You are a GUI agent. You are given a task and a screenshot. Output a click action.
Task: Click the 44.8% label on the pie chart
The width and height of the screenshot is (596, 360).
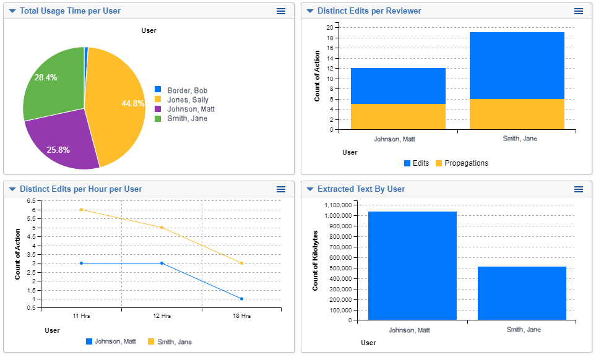pyautogui.click(x=132, y=103)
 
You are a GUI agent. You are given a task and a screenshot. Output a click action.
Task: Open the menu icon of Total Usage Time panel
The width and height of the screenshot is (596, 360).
pyautogui.click(x=281, y=11)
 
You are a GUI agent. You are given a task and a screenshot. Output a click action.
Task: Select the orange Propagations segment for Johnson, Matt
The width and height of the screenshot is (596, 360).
pyautogui.click(x=398, y=116)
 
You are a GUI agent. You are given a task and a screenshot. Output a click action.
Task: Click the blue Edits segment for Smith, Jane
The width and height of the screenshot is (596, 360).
pyautogui.click(x=517, y=65)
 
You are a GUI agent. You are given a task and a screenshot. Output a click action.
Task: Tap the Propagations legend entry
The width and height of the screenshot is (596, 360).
pyautogui.click(x=461, y=163)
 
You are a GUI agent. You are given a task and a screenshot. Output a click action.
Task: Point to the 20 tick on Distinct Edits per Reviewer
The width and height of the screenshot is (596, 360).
pyautogui.click(x=330, y=27)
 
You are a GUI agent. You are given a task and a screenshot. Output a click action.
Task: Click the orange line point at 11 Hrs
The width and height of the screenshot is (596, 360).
pyautogui.click(x=81, y=210)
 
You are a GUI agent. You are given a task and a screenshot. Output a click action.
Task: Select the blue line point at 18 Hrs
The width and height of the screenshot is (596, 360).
pyautogui.click(x=241, y=299)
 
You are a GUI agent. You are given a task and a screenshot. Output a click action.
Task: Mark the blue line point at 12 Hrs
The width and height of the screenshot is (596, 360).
pyautogui.click(x=162, y=263)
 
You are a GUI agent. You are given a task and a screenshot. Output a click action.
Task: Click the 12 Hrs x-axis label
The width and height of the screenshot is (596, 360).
pyautogui.click(x=162, y=316)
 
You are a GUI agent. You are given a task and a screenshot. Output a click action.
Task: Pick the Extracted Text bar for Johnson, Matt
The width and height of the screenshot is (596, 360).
pyautogui.click(x=412, y=266)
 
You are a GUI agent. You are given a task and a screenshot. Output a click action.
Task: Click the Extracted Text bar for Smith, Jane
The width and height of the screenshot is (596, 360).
pyautogui.click(x=522, y=293)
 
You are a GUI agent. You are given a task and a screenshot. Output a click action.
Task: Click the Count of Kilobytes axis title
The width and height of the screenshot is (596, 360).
pyautogui.click(x=316, y=260)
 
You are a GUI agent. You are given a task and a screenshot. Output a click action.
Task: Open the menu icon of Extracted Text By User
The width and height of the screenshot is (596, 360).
pyautogui.click(x=579, y=189)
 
